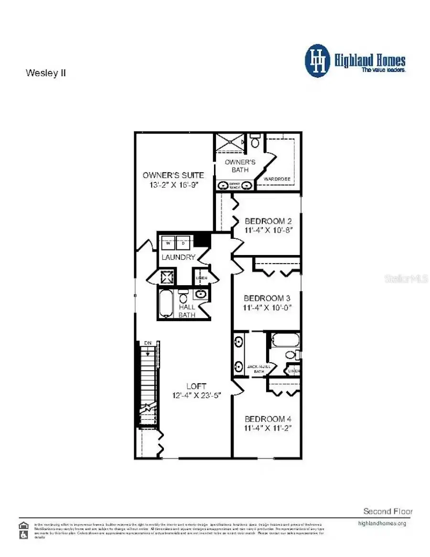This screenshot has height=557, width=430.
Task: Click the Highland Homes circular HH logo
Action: tap(317, 61)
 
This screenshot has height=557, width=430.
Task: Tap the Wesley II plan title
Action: tap(45, 73)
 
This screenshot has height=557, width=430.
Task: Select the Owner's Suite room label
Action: tap(173, 175)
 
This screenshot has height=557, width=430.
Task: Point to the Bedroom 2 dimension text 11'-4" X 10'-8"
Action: tap(268, 230)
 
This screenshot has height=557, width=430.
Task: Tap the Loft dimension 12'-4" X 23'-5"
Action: tap(196, 395)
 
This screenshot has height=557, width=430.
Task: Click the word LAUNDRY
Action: tap(178, 257)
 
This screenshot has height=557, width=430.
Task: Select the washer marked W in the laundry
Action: tap(168, 243)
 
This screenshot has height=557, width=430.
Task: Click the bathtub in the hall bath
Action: tap(166, 304)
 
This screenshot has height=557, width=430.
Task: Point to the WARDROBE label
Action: tap(277, 179)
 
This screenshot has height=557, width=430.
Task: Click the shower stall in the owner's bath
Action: tap(229, 143)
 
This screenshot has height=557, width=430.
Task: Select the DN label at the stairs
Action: tap(148, 344)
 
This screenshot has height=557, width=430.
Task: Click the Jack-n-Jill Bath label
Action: tap(258, 368)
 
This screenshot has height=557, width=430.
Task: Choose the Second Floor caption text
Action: tap(387, 511)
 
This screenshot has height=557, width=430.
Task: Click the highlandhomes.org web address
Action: tap(382, 523)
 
